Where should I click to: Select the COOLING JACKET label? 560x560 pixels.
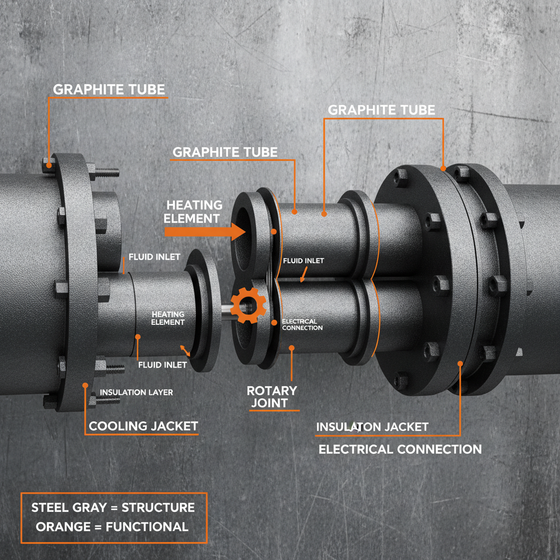coord(143,426)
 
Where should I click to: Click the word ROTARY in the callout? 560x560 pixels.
coord(272,390)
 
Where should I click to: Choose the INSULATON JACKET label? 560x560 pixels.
coord(372,427)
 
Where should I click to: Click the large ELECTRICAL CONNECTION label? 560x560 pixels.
coord(400,450)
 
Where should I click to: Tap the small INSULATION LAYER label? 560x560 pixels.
coord(136,393)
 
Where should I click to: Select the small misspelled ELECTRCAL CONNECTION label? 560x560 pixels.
coord(302,324)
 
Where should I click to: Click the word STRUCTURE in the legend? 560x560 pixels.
coord(157,507)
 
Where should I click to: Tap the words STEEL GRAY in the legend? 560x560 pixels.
coord(67,507)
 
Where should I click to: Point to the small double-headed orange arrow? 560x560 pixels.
coord(186,351)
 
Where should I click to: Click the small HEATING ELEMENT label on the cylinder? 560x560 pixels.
coord(168,318)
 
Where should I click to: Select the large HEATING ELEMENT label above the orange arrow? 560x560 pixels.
coord(194,212)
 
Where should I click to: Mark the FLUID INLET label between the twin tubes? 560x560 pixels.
coord(303,261)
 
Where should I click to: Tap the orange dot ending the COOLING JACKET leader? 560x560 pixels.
coord(85,385)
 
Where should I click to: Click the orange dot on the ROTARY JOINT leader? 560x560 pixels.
coord(291,347)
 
